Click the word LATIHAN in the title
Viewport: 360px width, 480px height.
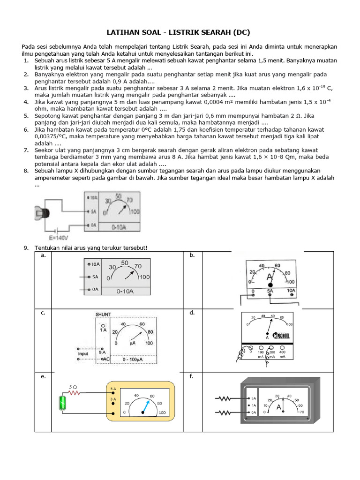coord(122,32)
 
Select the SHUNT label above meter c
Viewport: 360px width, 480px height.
coord(103,314)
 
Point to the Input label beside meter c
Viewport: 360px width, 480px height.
coord(82,353)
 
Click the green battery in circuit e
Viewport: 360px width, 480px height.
coord(62,403)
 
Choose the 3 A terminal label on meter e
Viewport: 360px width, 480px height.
coord(113,399)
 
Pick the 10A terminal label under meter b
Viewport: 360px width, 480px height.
coord(291,291)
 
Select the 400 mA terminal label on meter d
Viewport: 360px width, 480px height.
coord(282,354)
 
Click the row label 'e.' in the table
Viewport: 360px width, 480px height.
coord(43,376)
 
